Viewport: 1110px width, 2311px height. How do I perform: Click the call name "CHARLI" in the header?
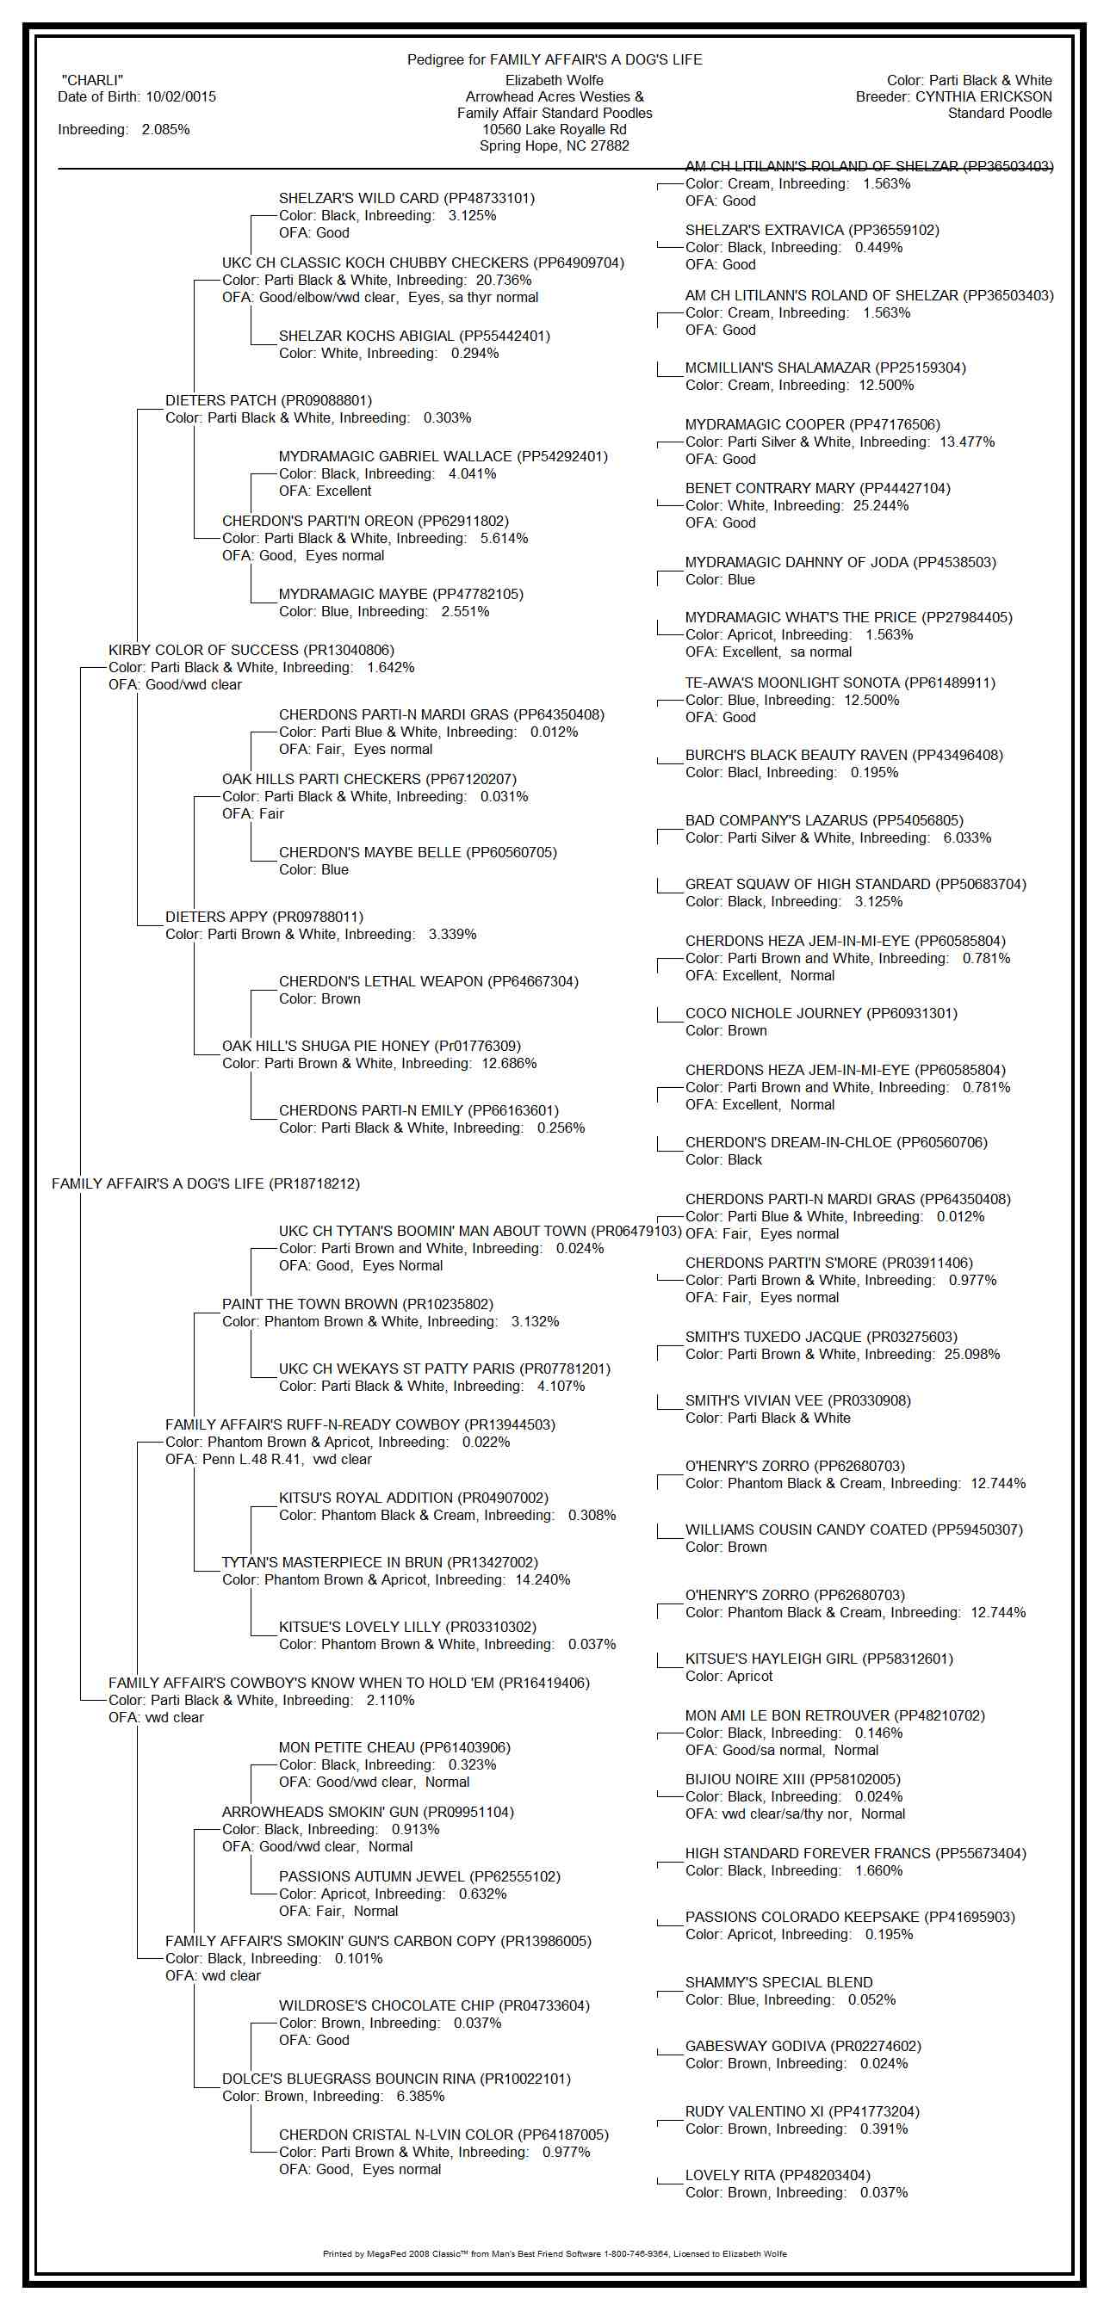92,81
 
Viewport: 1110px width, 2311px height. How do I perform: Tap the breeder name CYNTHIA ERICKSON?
983,97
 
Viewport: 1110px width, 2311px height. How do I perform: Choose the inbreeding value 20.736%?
504,280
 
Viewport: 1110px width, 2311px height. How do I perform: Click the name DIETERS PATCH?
222,400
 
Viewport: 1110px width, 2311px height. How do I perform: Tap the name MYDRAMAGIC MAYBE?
353,594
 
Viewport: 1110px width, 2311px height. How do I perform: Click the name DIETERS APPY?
215,917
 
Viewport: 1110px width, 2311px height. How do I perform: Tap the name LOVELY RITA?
729,2175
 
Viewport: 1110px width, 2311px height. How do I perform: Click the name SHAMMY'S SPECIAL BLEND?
778,1981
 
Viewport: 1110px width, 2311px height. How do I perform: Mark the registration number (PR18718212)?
316,1184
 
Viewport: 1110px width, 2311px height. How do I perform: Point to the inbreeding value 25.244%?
880,506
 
